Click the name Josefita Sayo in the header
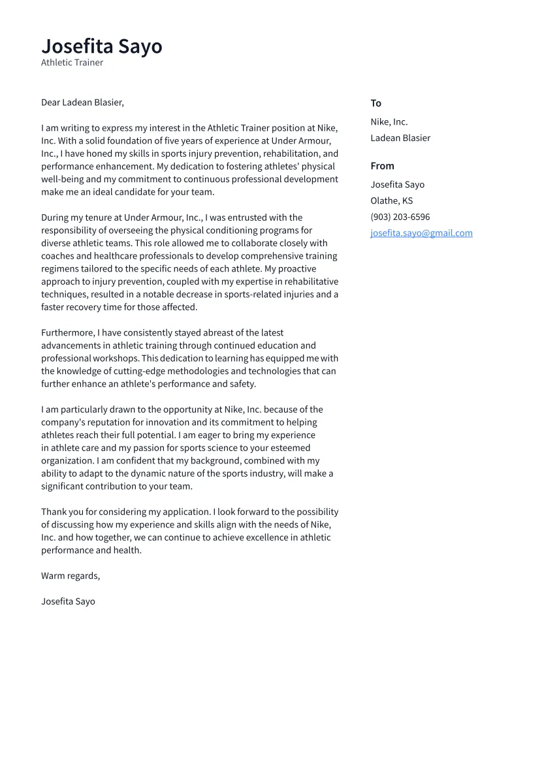[x=101, y=46]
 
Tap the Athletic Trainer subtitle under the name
[x=72, y=63]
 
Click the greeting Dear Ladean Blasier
[x=82, y=102]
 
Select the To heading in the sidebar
[x=376, y=103]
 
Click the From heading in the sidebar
[x=382, y=166]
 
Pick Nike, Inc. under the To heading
[x=389, y=121]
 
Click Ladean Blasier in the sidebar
[x=400, y=138]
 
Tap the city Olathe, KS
[x=391, y=200]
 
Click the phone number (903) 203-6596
[x=400, y=217]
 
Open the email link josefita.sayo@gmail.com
[x=421, y=233]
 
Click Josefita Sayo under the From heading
[x=397, y=184]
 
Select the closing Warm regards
[x=71, y=576]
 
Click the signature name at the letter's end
[x=68, y=601]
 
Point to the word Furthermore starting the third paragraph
[x=67, y=332]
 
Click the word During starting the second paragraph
[x=56, y=217]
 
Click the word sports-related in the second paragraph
[x=250, y=294]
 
